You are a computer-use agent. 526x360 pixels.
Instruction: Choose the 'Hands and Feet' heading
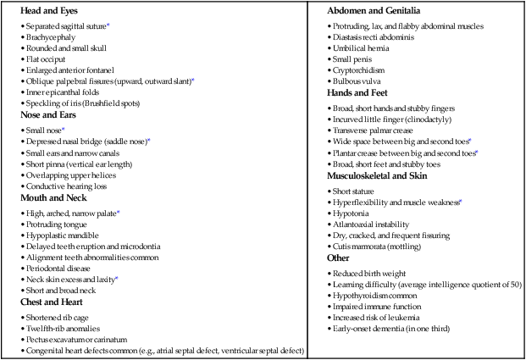pos(357,93)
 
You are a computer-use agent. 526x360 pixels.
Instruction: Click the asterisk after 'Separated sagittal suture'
pos(108,25)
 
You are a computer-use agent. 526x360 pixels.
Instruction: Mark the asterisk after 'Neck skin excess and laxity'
pos(117,278)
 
